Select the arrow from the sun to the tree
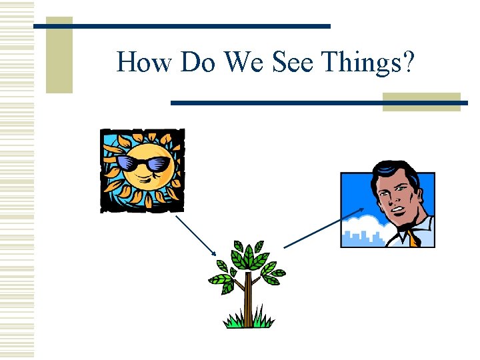(x=196, y=235)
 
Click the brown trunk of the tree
(x=248, y=300)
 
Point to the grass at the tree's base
(x=248, y=322)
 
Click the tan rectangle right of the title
(x=421, y=101)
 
